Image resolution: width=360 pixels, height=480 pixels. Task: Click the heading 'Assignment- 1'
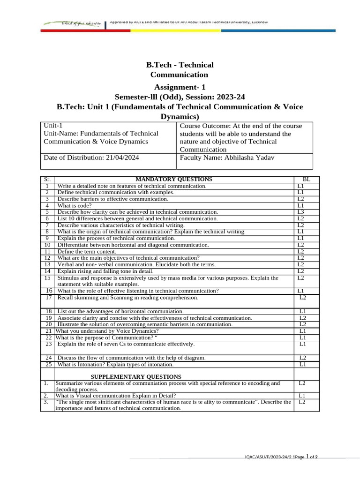coord(180,87)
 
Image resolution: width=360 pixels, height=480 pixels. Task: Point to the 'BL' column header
coord(306,179)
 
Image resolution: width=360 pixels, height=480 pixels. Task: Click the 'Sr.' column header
coord(47,179)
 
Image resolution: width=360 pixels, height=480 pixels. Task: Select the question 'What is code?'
coord(75,205)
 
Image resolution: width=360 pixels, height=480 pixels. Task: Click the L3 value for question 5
coord(301,212)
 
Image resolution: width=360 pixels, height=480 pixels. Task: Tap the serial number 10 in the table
coord(47,245)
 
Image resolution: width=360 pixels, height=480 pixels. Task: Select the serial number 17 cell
coord(48,298)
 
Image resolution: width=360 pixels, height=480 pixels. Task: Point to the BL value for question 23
coord(302,344)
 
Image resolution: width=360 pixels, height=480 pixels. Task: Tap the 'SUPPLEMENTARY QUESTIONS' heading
coord(135,376)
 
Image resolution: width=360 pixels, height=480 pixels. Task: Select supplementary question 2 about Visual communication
coord(116,395)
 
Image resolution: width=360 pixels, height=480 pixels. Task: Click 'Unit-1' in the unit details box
coord(53,126)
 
